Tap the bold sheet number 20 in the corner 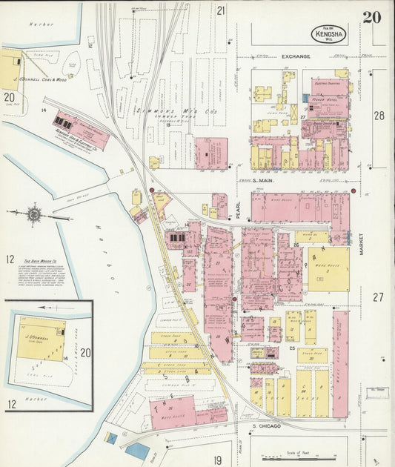pyautogui.click(x=372, y=18)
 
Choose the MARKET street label pyautogui.click(x=362, y=241)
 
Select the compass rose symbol pyautogui.click(x=34, y=214)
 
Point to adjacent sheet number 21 pyautogui.click(x=220, y=10)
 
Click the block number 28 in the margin pyautogui.click(x=379, y=115)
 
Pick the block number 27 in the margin pyautogui.click(x=379, y=297)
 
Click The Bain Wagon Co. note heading pyautogui.click(x=41, y=262)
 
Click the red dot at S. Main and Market pyautogui.click(x=353, y=192)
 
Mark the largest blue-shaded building pyautogui.click(x=137, y=450)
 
